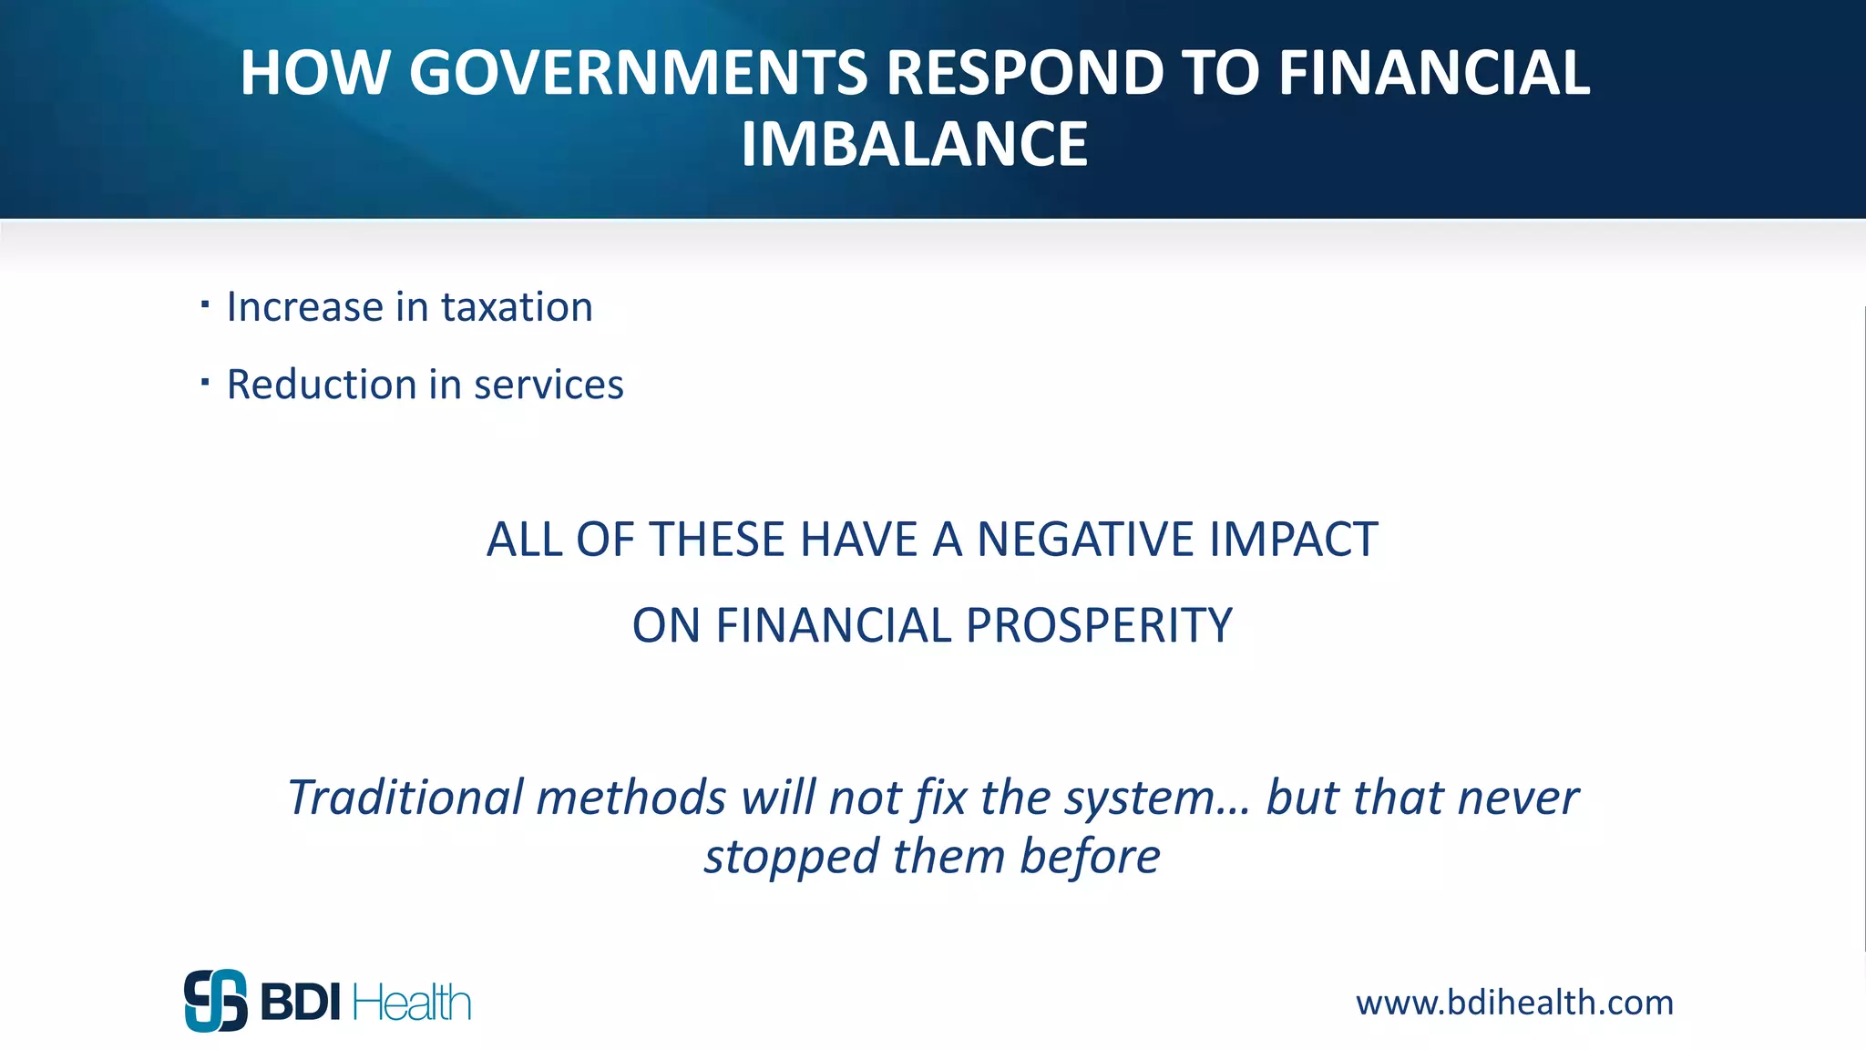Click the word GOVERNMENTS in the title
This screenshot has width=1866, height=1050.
click(638, 73)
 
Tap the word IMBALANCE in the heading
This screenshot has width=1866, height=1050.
click(914, 145)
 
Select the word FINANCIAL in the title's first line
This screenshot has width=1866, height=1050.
click(1434, 73)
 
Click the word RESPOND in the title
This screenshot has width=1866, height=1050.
click(1025, 73)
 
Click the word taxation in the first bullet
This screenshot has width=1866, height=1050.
click(517, 307)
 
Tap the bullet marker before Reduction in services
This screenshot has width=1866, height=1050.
click(205, 381)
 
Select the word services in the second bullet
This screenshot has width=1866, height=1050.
click(549, 385)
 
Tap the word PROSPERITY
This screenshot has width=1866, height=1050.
click(1098, 626)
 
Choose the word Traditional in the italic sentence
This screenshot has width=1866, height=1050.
click(405, 798)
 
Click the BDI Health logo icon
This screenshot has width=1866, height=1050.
click(216, 1000)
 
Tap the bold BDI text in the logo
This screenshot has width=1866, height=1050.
click(301, 1003)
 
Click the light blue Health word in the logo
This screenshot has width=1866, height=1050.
click(411, 1003)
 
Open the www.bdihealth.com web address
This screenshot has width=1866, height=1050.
click(1514, 1003)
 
